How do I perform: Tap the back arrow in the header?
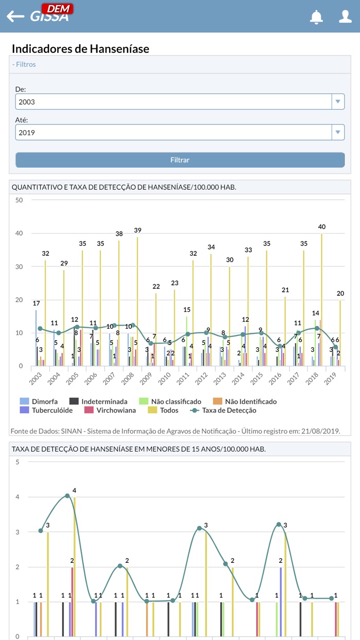(15, 16)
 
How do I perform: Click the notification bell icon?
(316, 16)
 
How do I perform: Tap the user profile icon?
(345, 16)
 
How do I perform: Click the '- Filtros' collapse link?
(24, 64)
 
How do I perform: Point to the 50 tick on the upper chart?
(19, 200)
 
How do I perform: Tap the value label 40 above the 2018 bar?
(322, 227)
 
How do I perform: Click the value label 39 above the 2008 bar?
(137, 230)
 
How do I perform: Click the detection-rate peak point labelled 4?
(67, 496)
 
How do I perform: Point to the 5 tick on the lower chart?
(17, 461)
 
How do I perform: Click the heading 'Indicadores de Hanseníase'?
(80, 49)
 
